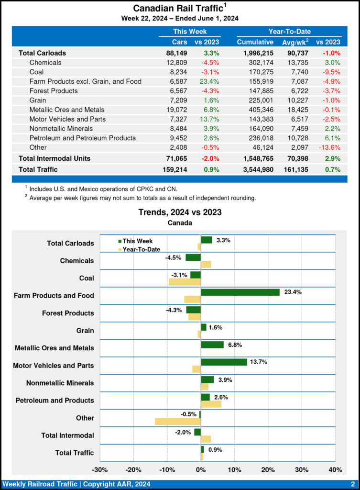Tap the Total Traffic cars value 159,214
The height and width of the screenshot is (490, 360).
(x=175, y=169)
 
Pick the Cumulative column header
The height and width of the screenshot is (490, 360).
(x=255, y=42)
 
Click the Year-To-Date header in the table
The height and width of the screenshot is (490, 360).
(x=289, y=32)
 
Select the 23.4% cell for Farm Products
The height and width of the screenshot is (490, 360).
(x=207, y=81)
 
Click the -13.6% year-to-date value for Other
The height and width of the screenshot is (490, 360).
(x=329, y=147)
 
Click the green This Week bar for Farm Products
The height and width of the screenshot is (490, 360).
(x=240, y=292)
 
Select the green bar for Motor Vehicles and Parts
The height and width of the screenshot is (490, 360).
(x=224, y=362)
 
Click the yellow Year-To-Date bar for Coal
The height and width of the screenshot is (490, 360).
(x=185, y=282)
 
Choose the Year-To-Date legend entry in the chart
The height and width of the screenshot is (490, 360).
(x=139, y=249)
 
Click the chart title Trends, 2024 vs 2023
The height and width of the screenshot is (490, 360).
(x=180, y=212)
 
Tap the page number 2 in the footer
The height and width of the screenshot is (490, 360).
(x=352, y=484)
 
